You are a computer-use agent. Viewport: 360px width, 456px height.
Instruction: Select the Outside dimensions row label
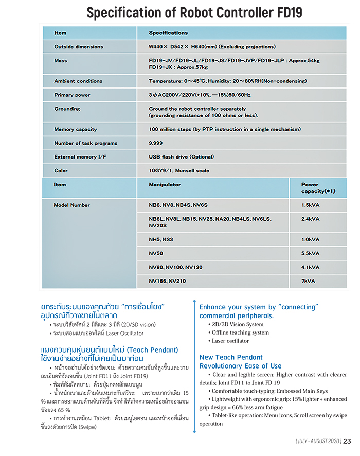(79, 47)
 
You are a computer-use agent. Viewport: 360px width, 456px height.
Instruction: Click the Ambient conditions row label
(78, 81)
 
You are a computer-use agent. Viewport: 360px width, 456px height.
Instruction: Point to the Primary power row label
(72, 95)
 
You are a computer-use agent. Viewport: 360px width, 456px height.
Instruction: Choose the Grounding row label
(67, 109)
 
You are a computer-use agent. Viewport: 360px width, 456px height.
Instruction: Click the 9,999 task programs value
(156, 143)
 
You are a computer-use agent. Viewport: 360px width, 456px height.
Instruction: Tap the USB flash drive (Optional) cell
(181, 157)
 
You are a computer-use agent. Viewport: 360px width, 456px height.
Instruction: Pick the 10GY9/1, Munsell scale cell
(179, 171)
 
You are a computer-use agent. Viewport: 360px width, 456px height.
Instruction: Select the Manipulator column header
(165, 184)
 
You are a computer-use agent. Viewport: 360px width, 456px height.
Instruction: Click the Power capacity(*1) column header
(318, 188)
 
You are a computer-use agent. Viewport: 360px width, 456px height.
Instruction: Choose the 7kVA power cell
(309, 282)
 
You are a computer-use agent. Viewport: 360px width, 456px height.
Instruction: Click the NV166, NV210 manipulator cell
(167, 282)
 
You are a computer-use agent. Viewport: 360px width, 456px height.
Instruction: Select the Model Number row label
(71, 205)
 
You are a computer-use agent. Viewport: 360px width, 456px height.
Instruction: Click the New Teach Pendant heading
(231, 357)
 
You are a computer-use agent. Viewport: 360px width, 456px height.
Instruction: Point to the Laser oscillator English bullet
(230, 341)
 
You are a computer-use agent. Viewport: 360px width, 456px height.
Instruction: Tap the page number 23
(348, 441)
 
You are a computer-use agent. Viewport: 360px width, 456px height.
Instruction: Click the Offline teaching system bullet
(240, 332)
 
